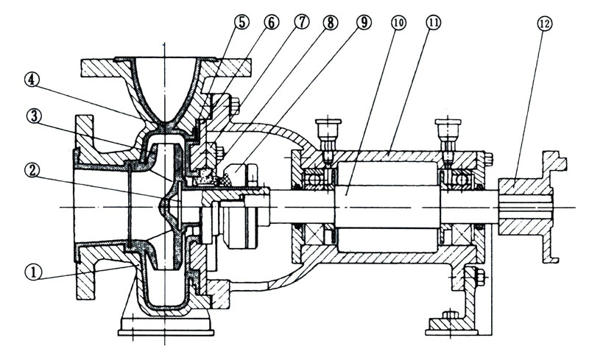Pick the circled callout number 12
coord(546,24)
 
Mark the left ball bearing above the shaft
coord(318,176)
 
